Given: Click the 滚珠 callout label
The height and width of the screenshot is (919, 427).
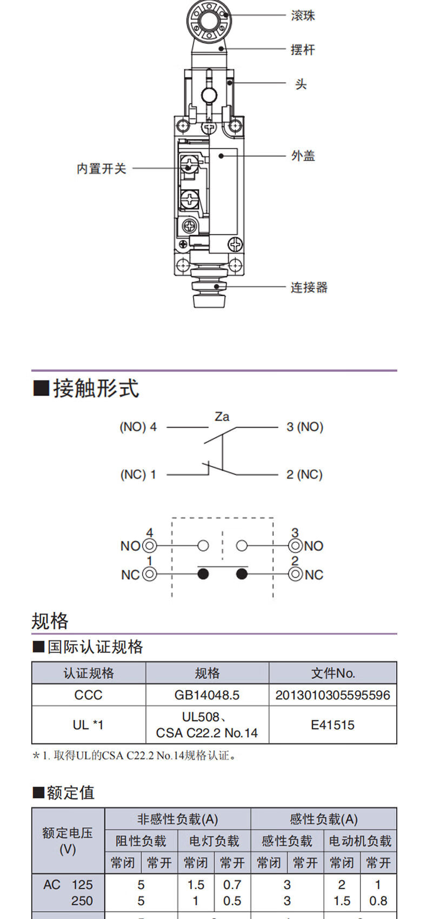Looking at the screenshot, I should pyautogui.click(x=303, y=16).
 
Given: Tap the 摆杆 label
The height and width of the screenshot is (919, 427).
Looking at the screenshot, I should pyautogui.click(x=303, y=50).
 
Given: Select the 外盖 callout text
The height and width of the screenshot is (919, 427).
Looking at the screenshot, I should pyautogui.click(x=303, y=156).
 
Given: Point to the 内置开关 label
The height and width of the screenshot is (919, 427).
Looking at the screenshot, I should pyautogui.click(x=101, y=169).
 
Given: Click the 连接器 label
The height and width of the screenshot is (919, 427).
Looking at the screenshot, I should pyautogui.click(x=309, y=287).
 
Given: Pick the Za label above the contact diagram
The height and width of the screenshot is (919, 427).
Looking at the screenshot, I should pyautogui.click(x=222, y=417).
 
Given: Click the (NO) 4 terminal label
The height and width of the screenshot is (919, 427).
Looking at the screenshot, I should pyautogui.click(x=138, y=427).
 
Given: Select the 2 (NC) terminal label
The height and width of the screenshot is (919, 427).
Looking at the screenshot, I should pyautogui.click(x=304, y=475).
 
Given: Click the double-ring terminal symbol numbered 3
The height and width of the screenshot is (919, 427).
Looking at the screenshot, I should pyautogui.click(x=295, y=546).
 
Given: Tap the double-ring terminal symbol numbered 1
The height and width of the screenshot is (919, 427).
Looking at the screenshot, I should pyautogui.click(x=149, y=574).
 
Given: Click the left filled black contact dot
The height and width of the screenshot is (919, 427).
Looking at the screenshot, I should pyautogui.click(x=203, y=574).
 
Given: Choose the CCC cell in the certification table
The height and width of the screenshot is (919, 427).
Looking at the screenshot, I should pyautogui.click(x=88, y=695).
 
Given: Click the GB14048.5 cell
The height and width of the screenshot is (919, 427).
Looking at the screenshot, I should pyautogui.click(x=207, y=695).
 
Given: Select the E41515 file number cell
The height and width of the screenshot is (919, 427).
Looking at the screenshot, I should pyautogui.click(x=332, y=725).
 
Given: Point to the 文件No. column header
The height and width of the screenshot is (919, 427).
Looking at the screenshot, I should pyautogui.click(x=333, y=673).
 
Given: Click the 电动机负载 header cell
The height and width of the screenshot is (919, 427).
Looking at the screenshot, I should pyautogui.click(x=360, y=841).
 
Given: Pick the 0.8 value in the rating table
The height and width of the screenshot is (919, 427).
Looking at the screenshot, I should pyautogui.click(x=378, y=901).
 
